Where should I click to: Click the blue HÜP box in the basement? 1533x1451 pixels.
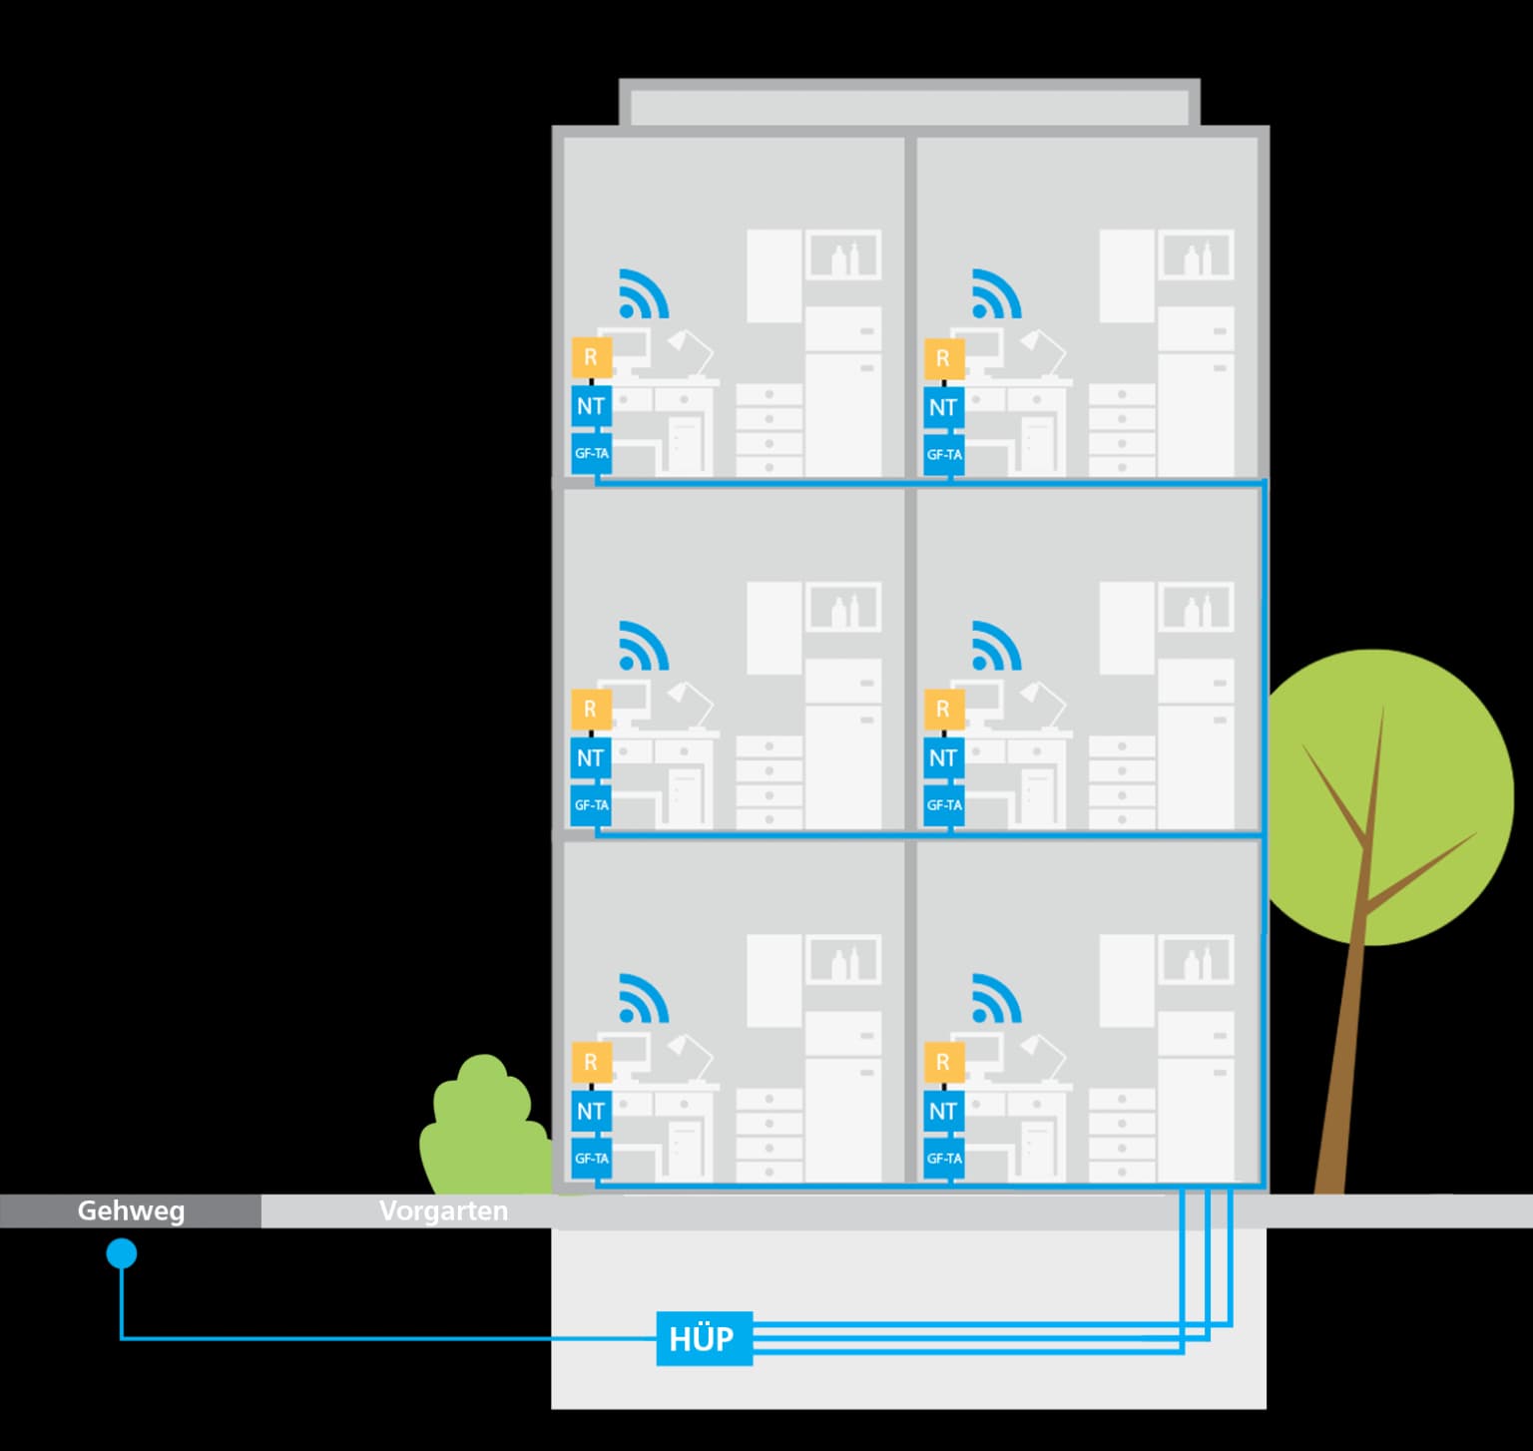tap(704, 1338)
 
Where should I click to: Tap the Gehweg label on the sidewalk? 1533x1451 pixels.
tap(131, 1210)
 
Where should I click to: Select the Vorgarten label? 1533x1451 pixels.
tap(443, 1210)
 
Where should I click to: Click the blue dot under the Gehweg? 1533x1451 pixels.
tap(122, 1253)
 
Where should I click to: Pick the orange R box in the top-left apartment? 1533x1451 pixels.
tap(591, 357)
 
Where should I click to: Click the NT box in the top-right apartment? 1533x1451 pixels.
tap(943, 407)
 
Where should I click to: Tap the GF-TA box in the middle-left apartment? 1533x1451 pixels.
tap(591, 805)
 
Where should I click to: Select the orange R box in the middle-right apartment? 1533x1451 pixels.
tap(943, 710)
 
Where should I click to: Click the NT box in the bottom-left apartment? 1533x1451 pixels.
tap(591, 1111)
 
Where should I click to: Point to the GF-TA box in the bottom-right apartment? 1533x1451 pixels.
tap(943, 1159)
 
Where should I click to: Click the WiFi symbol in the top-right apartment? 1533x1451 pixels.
tap(996, 293)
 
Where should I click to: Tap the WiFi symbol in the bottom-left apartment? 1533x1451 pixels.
tap(643, 998)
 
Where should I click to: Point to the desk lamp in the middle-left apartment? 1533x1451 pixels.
tap(690, 699)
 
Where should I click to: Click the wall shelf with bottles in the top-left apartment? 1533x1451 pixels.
tap(843, 255)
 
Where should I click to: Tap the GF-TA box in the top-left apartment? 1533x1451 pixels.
tap(591, 454)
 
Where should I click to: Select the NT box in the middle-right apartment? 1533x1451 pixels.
tap(943, 758)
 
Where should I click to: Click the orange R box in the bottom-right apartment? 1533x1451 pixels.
tap(943, 1062)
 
